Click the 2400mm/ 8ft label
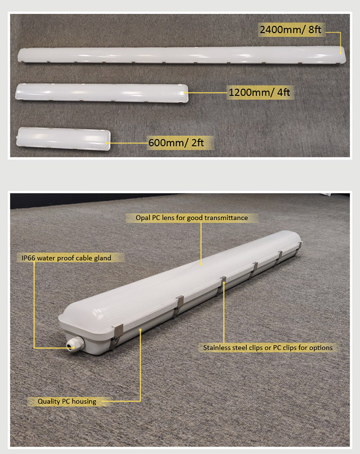[290, 30]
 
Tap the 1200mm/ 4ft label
[259, 92]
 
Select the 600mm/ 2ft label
[176, 143]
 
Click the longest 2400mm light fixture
[182, 55]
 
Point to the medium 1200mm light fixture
[102, 93]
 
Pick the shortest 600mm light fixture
[64, 139]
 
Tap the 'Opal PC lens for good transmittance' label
[192, 218]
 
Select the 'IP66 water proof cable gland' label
[66, 258]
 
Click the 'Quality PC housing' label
[67, 401]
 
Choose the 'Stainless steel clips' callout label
[268, 347]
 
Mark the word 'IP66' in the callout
[28, 258]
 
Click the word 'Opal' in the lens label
[143, 219]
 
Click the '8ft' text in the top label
[315, 30]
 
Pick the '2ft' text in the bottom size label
[197, 143]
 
